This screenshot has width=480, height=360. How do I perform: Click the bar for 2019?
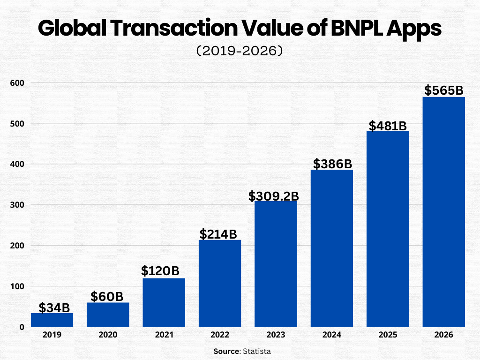[52, 320]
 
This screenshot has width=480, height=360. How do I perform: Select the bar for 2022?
[220, 284]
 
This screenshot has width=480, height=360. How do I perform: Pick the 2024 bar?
[332, 248]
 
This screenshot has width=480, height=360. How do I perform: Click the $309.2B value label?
[273, 196]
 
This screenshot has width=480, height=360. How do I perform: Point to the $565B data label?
[443, 90]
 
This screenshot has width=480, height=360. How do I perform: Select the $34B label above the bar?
[54, 308]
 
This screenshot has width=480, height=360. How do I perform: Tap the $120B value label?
[160, 271]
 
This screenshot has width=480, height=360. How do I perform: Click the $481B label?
[387, 126]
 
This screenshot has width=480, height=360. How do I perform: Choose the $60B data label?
[107, 296]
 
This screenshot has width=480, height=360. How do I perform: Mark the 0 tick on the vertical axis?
[22, 327]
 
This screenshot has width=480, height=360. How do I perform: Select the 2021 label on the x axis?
[164, 335]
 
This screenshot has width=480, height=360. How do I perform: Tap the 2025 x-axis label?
[388, 335]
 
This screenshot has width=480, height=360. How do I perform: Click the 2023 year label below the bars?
[276, 335]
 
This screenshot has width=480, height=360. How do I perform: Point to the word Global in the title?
[71, 28]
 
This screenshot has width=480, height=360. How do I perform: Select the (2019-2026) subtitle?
[240, 51]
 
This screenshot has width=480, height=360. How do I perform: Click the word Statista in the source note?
[257, 351]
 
